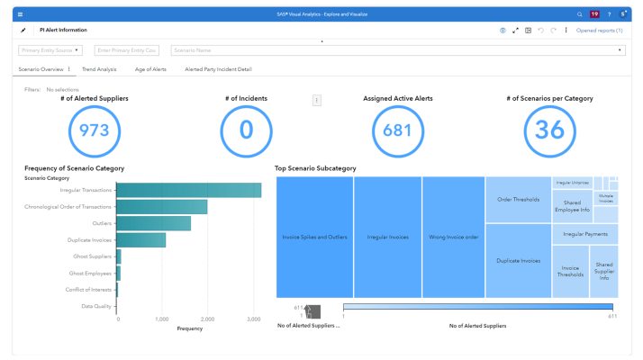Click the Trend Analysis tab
99,69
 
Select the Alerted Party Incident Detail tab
218,69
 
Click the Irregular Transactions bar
189,190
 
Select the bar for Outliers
154,223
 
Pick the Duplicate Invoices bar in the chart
141,239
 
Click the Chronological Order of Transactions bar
162,207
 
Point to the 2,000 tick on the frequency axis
207,319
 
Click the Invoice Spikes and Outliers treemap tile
314,237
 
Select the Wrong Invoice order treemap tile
453,237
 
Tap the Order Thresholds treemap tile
518,199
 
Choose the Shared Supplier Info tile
603,272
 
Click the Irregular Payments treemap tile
584,234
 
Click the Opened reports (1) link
599,30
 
